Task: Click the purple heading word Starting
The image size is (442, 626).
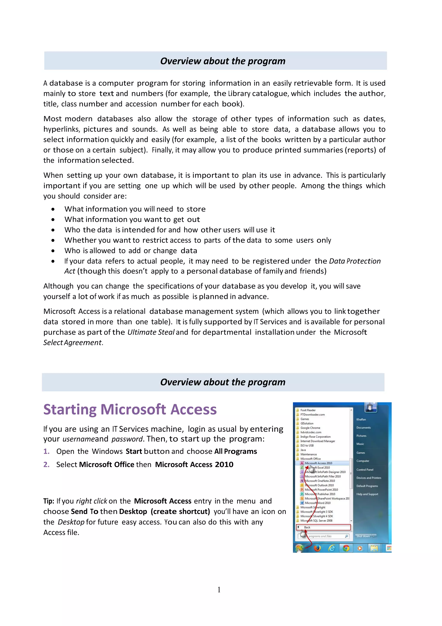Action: pyautogui.click(x=70, y=410)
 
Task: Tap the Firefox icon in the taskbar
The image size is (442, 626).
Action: pyautogui.click(x=317, y=548)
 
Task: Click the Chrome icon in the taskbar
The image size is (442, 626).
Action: pyautogui.click(x=346, y=548)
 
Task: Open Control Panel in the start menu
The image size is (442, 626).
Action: pyautogui.click(x=365, y=470)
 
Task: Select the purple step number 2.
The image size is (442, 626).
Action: pyautogui.click(x=46, y=465)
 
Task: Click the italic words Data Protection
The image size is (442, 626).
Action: pyautogui.click(x=355, y=261)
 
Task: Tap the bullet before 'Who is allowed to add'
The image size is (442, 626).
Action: pyautogui.click(x=53, y=251)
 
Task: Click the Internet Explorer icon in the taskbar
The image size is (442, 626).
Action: pyautogui.click(x=332, y=548)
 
